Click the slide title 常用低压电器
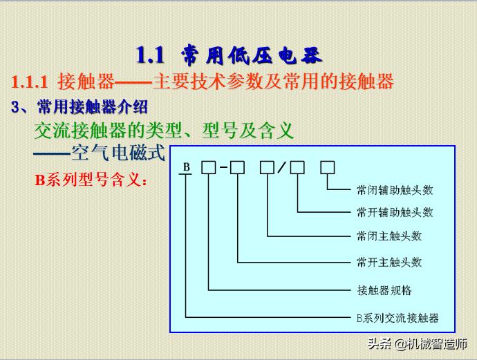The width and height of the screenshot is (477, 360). [x=252, y=55]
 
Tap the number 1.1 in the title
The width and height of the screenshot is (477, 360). [x=149, y=55]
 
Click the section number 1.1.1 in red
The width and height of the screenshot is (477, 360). [x=29, y=82]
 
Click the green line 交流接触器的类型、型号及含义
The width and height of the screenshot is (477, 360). [x=165, y=130]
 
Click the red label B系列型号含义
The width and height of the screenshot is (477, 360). [x=91, y=181]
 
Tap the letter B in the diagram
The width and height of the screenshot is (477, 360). [x=187, y=168]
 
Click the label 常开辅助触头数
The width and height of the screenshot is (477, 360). [x=395, y=212]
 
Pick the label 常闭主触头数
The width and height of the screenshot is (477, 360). [x=389, y=236]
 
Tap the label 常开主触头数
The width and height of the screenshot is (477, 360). [x=389, y=262]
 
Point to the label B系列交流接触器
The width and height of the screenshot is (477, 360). [x=397, y=318]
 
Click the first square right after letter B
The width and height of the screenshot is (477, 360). [x=208, y=167]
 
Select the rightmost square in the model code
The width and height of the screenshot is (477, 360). [x=328, y=167]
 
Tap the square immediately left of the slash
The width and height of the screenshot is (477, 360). [x=267, y=167]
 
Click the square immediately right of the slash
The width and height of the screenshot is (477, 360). [x=297, y=167]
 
